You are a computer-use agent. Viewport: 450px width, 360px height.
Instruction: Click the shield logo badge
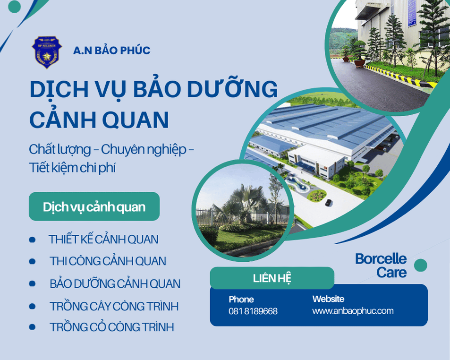47,52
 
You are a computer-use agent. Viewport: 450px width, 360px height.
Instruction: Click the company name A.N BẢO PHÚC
111,51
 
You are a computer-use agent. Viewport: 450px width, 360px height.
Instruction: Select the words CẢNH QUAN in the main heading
99,120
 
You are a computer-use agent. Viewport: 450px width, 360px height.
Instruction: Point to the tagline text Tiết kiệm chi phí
72,168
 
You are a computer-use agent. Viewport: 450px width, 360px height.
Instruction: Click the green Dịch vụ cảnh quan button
94,206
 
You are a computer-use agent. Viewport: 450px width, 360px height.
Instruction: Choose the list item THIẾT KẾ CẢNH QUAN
103,240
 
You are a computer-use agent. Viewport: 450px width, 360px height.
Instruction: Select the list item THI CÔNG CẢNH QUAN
108,261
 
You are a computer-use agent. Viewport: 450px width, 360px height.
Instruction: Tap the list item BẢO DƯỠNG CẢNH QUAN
115,284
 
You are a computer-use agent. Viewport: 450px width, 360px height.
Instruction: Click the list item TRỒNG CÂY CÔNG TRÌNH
114,306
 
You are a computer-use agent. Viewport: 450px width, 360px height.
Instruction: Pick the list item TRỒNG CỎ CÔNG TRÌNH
111,327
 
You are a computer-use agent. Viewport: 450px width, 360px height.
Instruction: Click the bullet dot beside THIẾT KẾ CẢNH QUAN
32,240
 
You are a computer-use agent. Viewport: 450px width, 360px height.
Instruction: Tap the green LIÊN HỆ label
272,278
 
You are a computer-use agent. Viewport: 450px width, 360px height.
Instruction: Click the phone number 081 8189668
253,311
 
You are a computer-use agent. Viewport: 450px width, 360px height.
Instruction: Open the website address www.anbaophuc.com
353,311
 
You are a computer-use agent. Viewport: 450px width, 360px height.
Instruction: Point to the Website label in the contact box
328,299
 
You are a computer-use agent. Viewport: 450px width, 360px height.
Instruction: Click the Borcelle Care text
381,266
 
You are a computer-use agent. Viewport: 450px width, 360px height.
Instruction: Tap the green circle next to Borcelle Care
420,266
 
